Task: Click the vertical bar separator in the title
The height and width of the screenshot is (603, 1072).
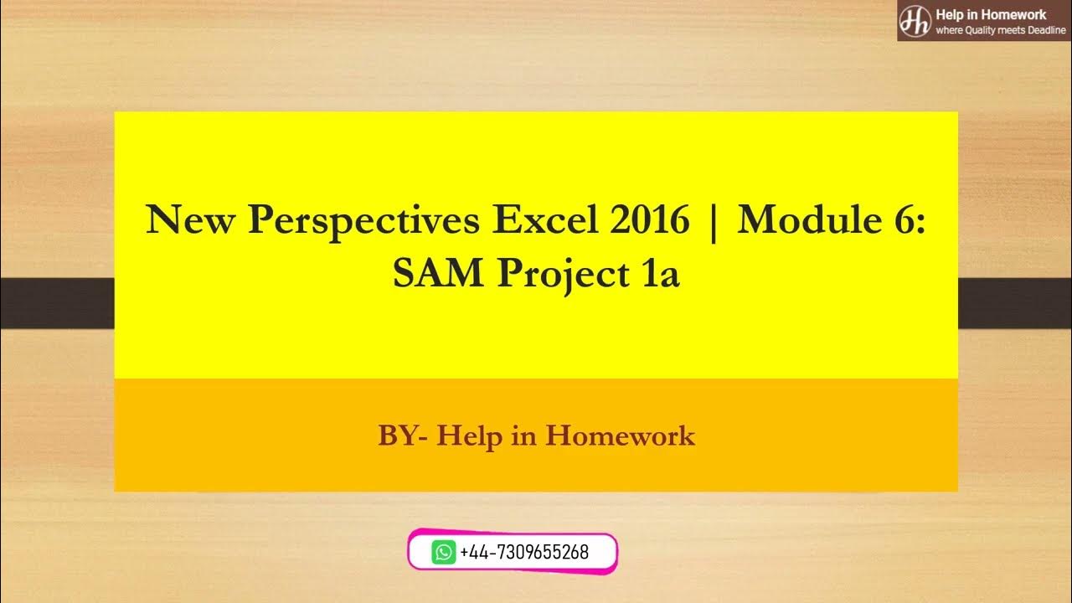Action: pos(713,223)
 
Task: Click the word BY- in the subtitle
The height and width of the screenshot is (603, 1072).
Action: pos(404,435)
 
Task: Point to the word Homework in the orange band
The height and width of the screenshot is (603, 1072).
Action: pos(621,435)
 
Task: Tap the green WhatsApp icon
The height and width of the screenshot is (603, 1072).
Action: pos(443,552)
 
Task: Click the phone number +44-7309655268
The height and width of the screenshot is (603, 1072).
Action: pos(524,553)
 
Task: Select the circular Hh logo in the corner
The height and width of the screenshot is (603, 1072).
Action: pos(915,21)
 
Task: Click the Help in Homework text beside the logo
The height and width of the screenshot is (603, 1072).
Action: pos(990,14)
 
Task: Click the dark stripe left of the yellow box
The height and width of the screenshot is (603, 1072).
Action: pos(56,302)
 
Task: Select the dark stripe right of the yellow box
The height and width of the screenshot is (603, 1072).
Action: pos(1014,302)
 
